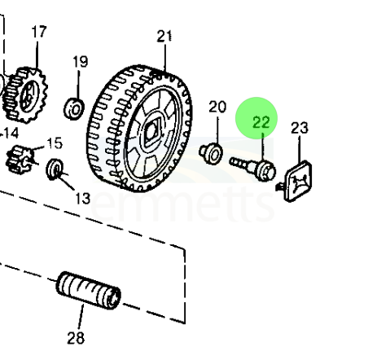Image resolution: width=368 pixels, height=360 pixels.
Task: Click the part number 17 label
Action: (39, 32)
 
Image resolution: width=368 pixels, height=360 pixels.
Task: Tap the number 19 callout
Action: (81, 62)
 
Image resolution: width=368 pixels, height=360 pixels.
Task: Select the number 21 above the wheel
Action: (164, 36)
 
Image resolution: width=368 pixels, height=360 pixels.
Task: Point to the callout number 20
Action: (217, 107)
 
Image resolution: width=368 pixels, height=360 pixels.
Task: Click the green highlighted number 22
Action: (261, 122)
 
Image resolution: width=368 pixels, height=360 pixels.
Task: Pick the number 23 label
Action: (300, 128)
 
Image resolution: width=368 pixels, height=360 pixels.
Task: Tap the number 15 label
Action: (55, 143)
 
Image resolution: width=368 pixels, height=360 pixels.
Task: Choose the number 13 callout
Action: (82, 199)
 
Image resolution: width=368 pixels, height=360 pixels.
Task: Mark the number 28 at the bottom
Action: (76, 338)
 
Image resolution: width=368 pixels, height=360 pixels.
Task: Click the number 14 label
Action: (10, 134)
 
